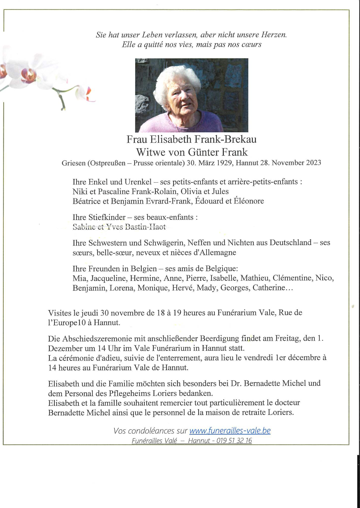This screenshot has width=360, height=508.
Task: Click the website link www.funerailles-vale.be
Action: (x=230, y=431)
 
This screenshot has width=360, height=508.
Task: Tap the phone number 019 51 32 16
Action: (x=234, y=441)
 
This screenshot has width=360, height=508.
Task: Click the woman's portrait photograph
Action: (x=191, y=95)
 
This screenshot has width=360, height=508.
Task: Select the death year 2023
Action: (x=314, y=163)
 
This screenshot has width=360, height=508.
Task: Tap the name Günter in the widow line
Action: (x=204, y=152)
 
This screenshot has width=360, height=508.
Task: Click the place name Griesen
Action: (x=74, y=163)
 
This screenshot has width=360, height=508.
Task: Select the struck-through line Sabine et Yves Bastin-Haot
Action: (x=119, y=227)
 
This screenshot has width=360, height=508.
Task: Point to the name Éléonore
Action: (x=249, y=201)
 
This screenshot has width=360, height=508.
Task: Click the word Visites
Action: (x=59, y=313)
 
